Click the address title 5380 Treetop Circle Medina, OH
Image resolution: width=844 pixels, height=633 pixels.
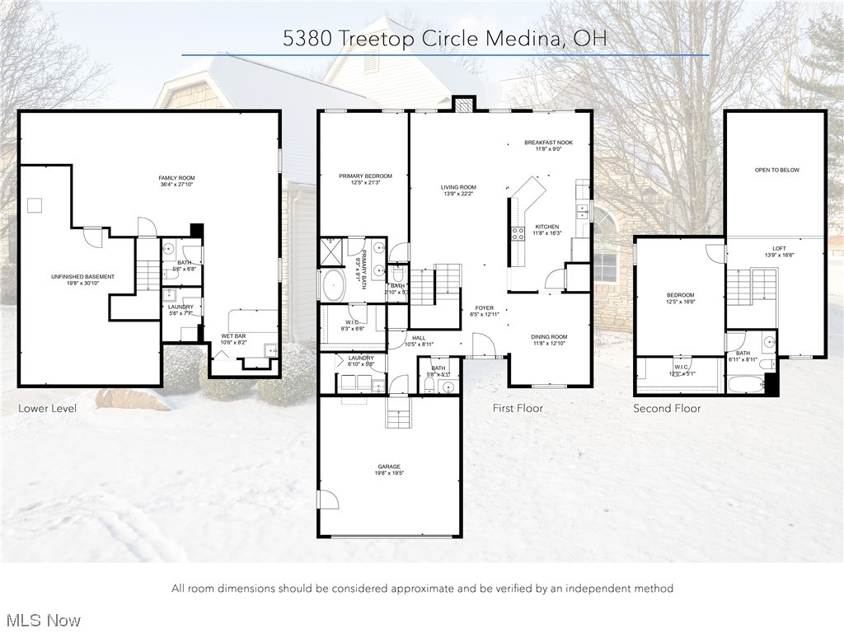click(x=445, y=38)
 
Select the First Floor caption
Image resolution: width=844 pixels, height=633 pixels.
click(x=518, y=408)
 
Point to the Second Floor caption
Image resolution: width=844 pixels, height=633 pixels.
click(x=667, y=408)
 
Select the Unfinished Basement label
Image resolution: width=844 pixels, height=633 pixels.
click(x=82, y=280)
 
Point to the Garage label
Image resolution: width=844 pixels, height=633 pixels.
click(x=389, y=470)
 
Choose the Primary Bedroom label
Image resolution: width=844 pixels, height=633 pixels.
click(x=365, y=180)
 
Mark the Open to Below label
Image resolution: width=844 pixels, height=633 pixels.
click(x=776, y=170)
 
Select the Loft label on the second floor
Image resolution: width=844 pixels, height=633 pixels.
click(x=779, y=252)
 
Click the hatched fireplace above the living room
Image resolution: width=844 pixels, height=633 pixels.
click(x=465, y=105)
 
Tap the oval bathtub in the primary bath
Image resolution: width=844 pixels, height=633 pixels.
click(x=334, y=285)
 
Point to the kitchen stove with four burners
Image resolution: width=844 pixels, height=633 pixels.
click(x=518, y=232)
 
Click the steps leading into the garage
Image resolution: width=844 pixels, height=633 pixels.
click(x=398, y=416)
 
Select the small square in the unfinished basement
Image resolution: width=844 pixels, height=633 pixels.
click(x=35, y=205)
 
